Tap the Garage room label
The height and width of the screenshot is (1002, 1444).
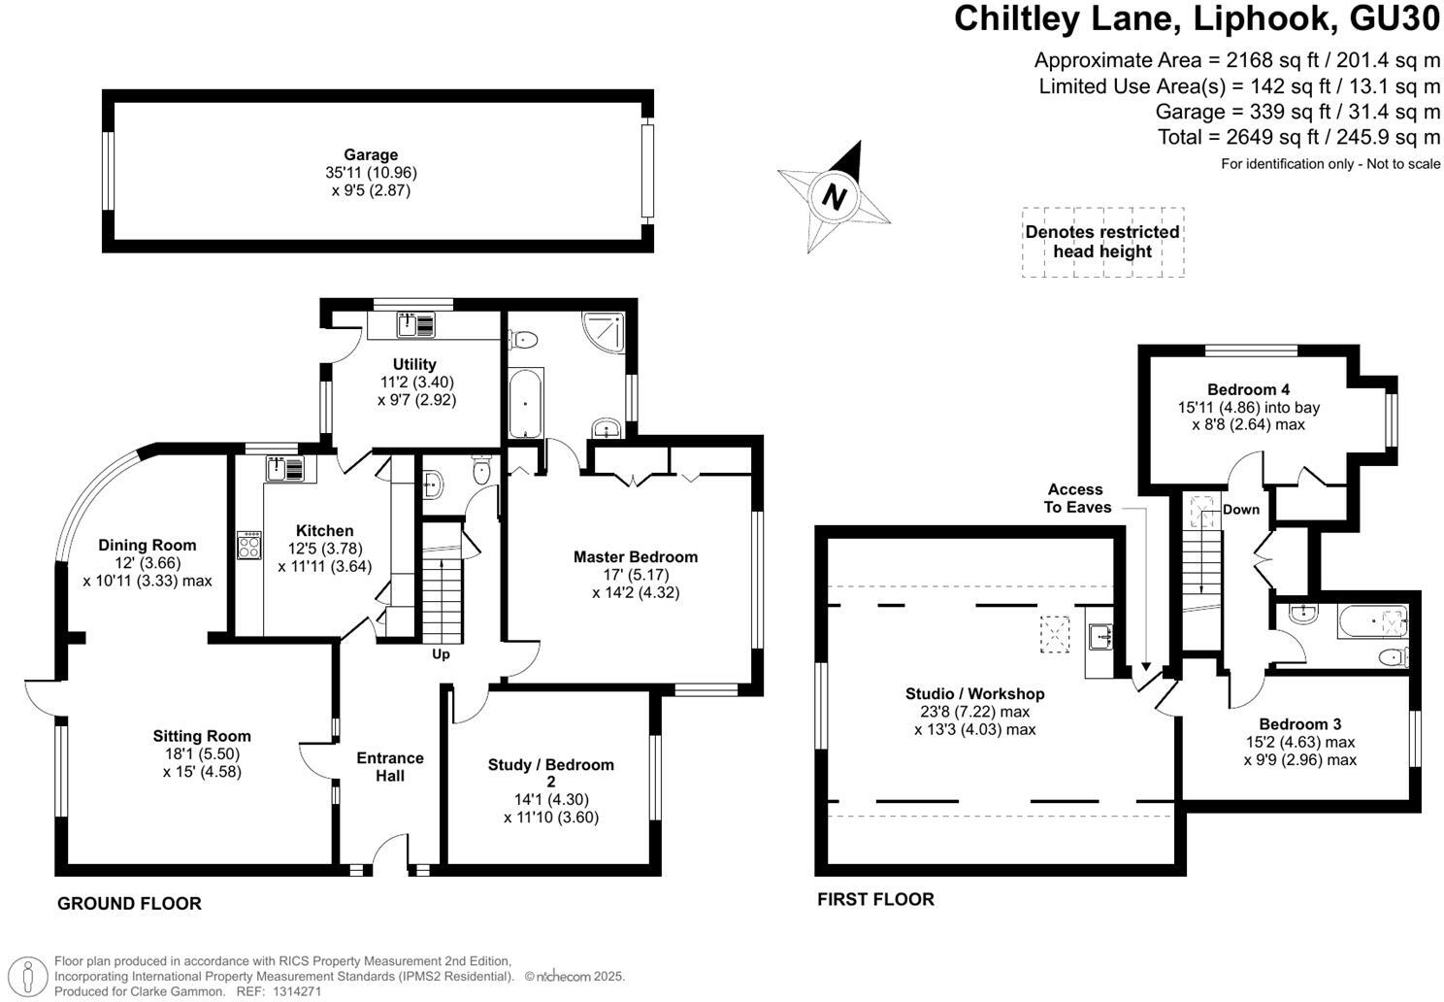(x=371, y=154)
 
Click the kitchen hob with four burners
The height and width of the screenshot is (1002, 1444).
(x=248, y=545)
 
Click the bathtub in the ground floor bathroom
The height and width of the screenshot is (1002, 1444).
(x=526, y=403)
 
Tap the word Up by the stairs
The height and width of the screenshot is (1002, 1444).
(x=441, y=654)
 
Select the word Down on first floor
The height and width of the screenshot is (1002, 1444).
(x=1240, y=510)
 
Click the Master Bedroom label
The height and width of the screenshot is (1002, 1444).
(x=635, y=556)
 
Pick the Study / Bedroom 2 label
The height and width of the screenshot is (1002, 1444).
(x=550, y=773)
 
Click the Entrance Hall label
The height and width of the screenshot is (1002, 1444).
(x=390, y=766)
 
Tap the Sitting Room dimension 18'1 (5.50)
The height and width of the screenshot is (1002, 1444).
(x=202, y=753)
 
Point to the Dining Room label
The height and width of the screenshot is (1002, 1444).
(x=148, y=545)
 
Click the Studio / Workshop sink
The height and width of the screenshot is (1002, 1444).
(x=1100, y=637)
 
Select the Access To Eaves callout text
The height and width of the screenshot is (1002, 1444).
(x=1077, y=498)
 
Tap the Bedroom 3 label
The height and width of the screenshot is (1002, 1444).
(x=1299, y=723)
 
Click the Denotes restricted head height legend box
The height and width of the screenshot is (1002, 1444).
(x=1102, y=242)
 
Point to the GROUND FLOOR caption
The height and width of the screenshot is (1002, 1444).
(x=129, y=904)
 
